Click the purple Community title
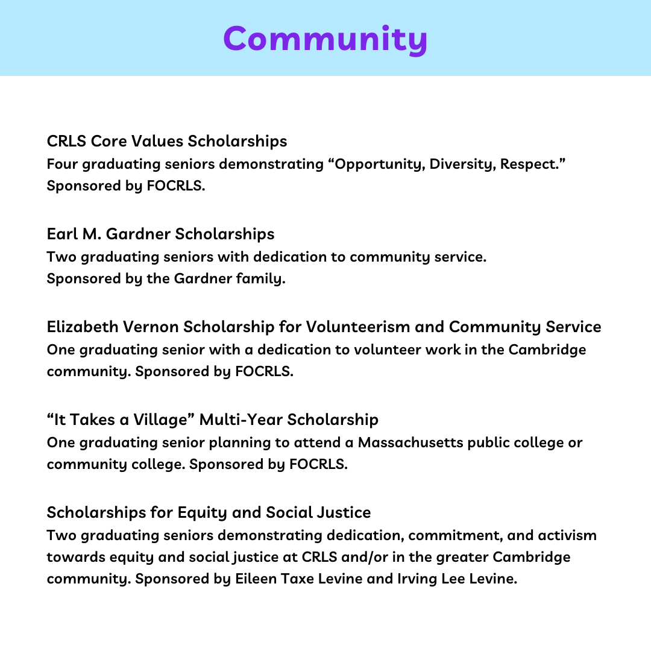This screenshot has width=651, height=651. [325, 39]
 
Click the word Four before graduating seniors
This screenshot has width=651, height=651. [62, 164]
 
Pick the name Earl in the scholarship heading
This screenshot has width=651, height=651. [60, 234]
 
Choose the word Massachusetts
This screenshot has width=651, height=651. [410, 442]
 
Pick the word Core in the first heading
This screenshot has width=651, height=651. [107, 141]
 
